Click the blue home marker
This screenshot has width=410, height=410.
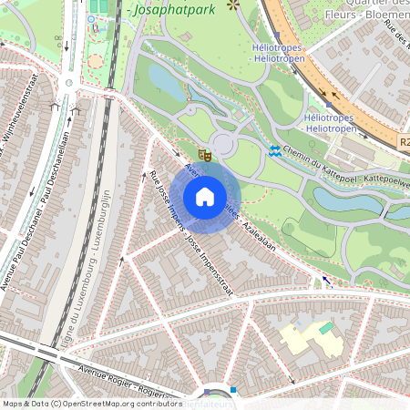[205, 196]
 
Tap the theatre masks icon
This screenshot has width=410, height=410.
[205, 157]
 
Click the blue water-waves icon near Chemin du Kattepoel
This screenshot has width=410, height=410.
[274, 149]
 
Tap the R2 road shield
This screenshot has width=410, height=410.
[405, 143]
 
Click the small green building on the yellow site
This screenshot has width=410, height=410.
[326, 327]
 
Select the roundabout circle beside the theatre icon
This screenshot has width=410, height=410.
[224, 143]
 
